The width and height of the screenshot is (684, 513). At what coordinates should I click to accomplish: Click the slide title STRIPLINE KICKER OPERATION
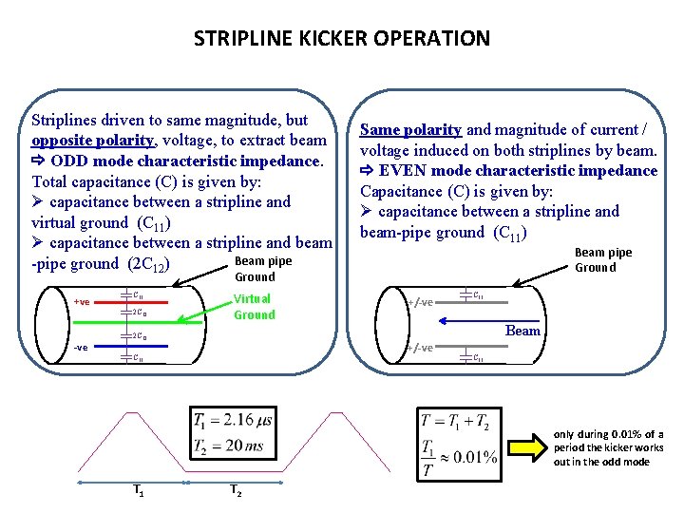pyautogui.click(x=342, y=39)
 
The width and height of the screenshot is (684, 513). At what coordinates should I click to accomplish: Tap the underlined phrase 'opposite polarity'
pyautogui.click(x=92, y=141)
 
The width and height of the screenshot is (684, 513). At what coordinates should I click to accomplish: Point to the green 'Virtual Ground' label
pyautogui.click(x=254, y=306)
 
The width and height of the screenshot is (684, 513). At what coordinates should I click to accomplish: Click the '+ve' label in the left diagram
pyautogui.click(x=82, y=302)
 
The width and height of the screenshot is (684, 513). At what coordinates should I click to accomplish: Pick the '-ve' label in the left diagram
pyautogui.click(x=81, y=347)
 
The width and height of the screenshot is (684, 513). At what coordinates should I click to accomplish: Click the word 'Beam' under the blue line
pyautogui.click(x=522, y=331)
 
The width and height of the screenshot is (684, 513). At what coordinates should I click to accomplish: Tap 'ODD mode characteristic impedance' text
pyautogui.click(x=185, y=161)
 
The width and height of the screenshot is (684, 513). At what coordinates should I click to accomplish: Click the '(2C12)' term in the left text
pyautogui.click(x=145, y=263)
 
